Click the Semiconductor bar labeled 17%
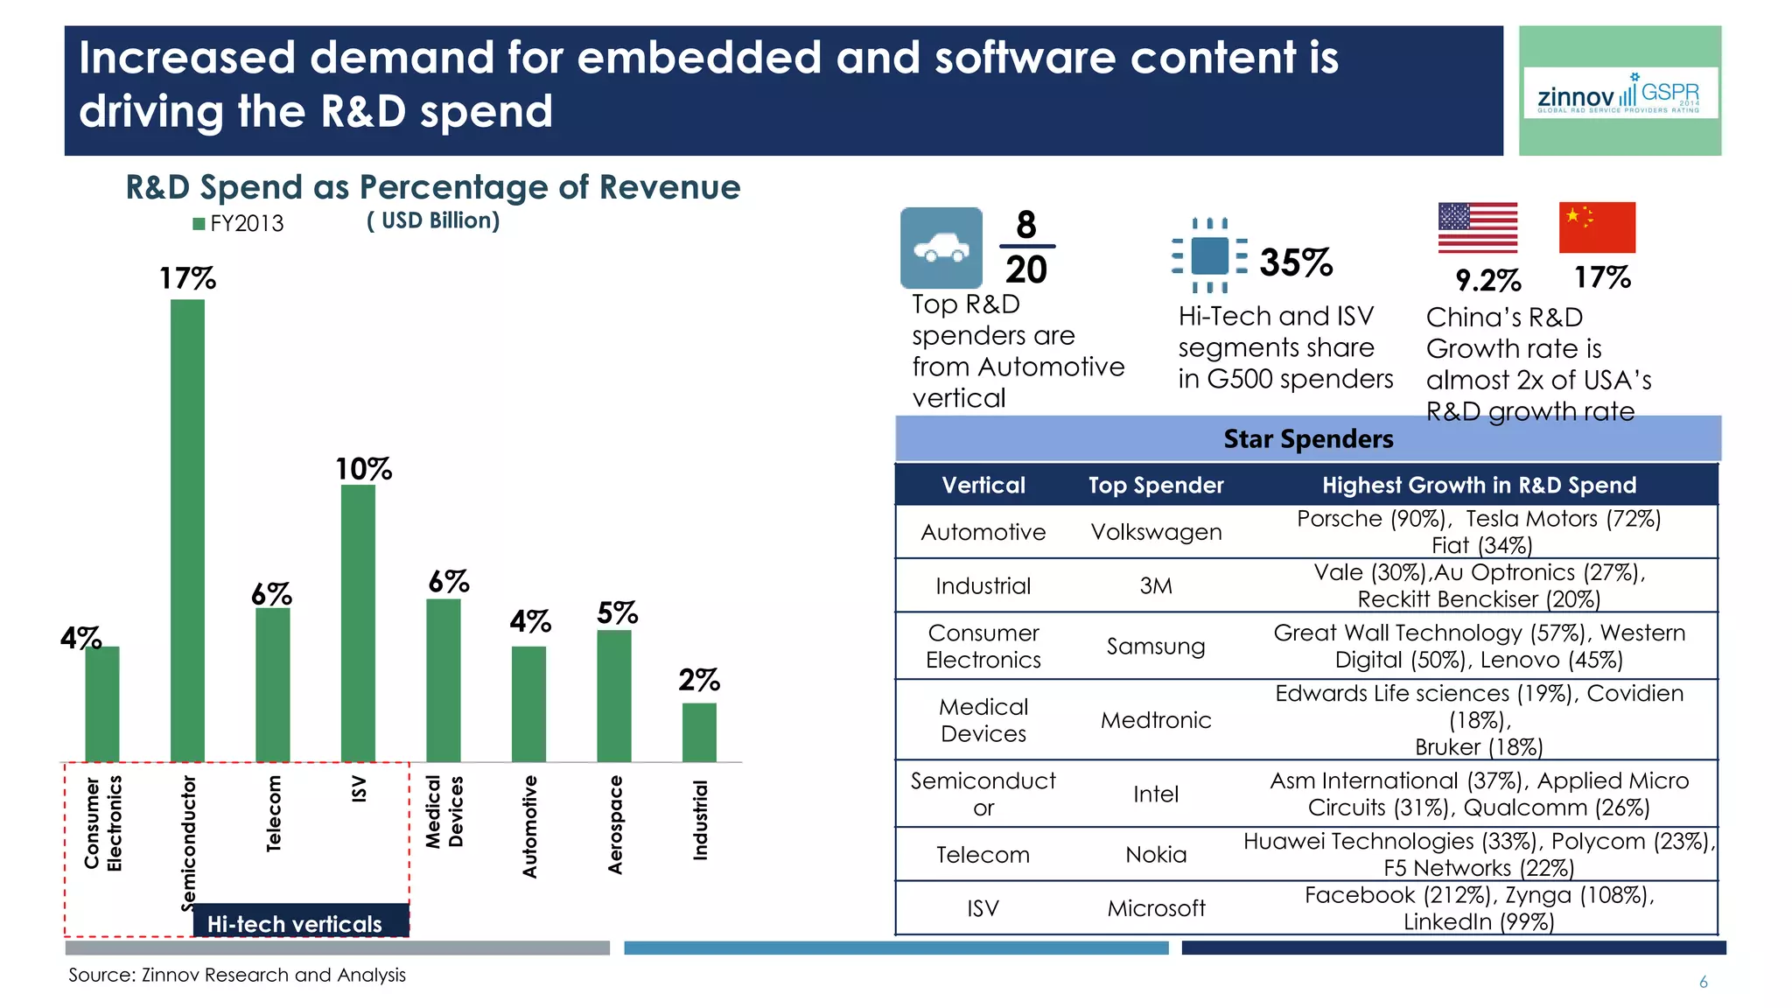(x=187, y=529)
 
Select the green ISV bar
(x=358, y=622)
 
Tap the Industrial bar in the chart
(x=699, y=732)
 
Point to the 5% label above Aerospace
(x=617, y=612)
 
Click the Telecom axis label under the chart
(x=274, y=813)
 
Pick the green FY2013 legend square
(x=199, y=224)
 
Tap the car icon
(x=941, y=248)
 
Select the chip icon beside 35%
(x=1209, y=255)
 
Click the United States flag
(x=1477, y=227)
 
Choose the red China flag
(x=1597, y=227)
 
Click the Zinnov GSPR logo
(x=1620, y=93)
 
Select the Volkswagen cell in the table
(x=1156, y=532)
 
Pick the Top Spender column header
(x=1156, y=485)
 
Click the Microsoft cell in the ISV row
(x=1156, y=908)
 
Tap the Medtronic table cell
(x=1156, y=720)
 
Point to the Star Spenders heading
(x=1308, y=438)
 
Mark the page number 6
(x=1703, y=982)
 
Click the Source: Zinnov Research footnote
(x=237, y=975)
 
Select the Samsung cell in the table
(x=1156, y=646)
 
